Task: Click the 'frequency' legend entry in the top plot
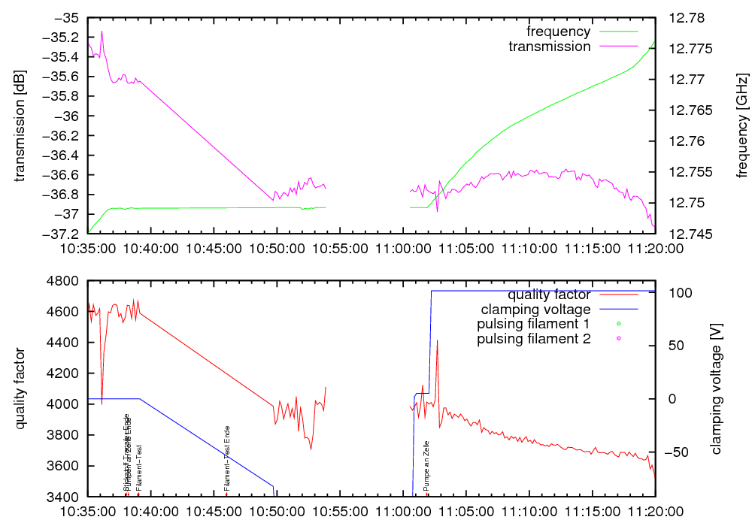tap(558, 32)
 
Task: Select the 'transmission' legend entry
tap(549, 47)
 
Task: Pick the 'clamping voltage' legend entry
tap(535, 310)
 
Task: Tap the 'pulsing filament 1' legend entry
tap(533, 325)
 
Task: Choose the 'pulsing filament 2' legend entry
tap(533, 339)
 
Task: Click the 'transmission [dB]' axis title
tap(20, 125)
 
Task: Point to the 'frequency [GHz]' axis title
tap(742, 125)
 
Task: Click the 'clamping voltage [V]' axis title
tap(715, 388)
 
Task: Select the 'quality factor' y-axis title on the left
tap(20, 388)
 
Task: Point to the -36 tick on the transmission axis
tap(67, 116)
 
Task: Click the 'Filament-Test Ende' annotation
tap(227, 458)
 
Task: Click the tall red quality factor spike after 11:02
tap(437, 341)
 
